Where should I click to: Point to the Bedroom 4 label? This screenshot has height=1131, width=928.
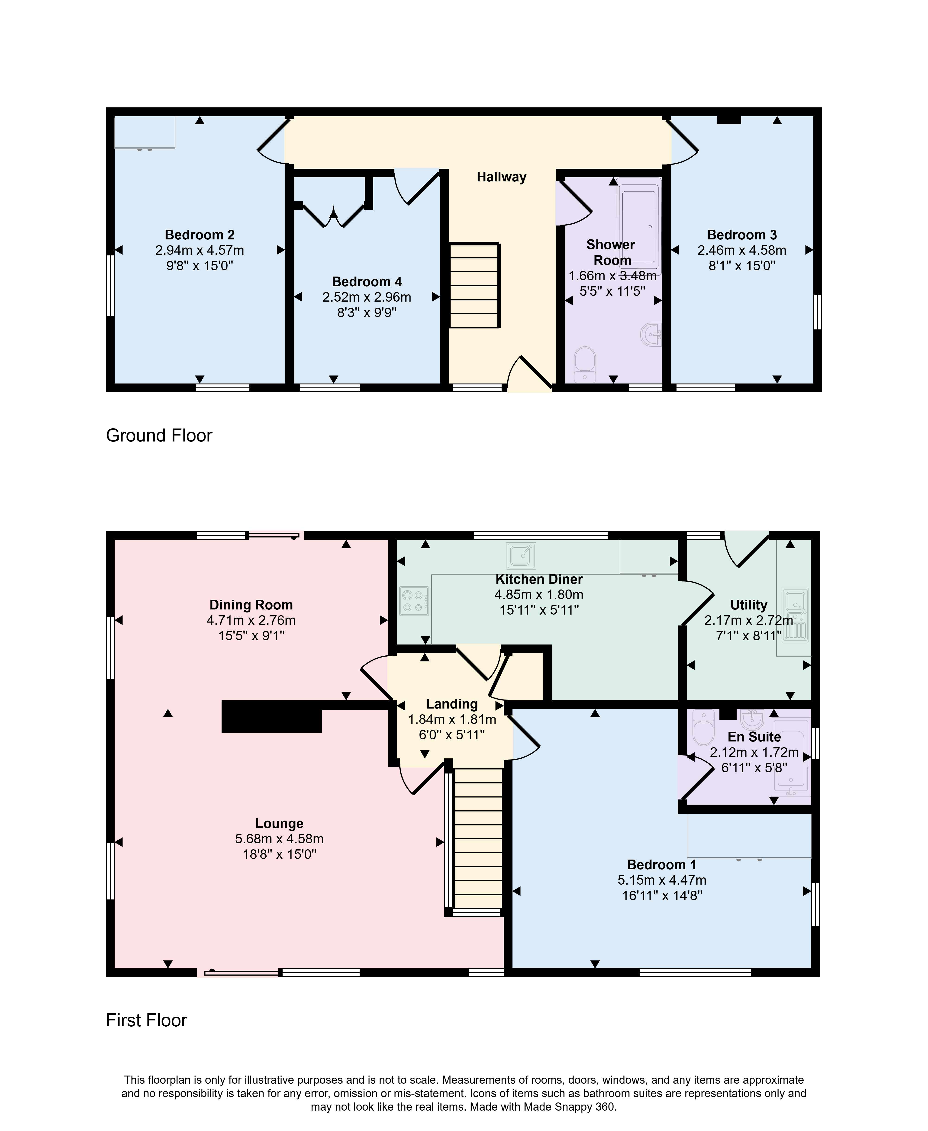click(367, 282)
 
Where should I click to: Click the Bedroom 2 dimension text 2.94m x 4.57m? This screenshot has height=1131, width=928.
click(199, 250)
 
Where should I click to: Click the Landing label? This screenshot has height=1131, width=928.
click(452, 705)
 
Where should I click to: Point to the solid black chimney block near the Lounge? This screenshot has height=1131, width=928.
click(272, 716)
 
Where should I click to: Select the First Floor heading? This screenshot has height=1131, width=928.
click(146, 1020)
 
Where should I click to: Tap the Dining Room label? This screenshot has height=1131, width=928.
click(251, 605)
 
